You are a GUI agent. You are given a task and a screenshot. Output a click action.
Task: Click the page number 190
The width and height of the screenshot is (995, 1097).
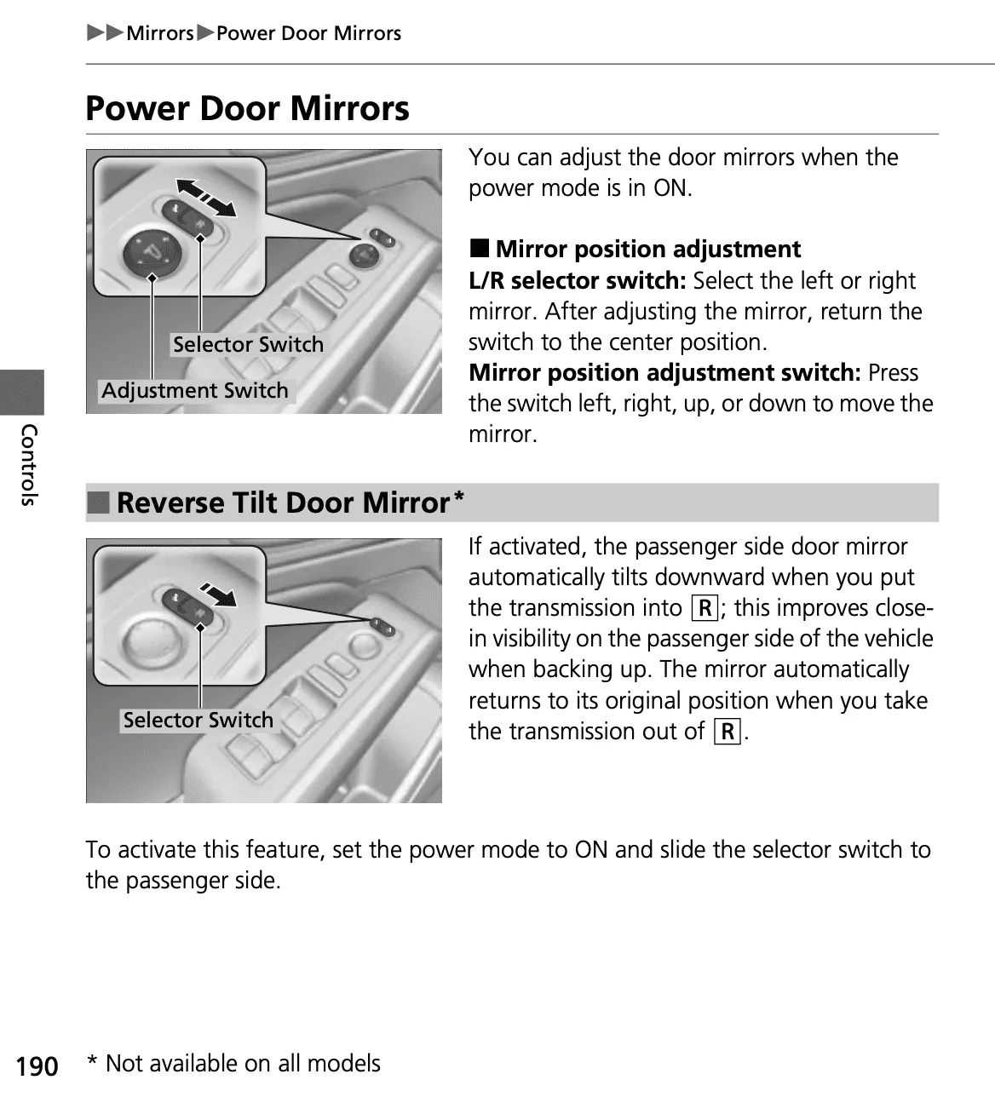(x=37, y=1066)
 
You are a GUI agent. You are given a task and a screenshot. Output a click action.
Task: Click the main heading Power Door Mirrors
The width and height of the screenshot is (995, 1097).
(x=247, y=109)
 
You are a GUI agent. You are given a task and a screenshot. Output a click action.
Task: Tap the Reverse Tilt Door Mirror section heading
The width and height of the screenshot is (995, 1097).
(x=281, y=503)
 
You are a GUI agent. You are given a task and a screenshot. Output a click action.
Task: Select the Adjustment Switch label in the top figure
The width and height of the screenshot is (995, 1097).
(x=195, y=391)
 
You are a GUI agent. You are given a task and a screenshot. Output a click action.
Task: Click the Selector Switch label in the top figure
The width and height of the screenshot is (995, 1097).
(x=248, y=345)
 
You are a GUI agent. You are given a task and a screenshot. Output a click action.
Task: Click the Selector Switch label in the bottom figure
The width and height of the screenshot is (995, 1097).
(x=198, y=721)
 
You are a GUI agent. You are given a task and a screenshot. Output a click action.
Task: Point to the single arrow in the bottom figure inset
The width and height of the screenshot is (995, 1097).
(x=217, y=593)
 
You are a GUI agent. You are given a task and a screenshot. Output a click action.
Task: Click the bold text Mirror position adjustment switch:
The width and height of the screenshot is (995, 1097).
(x=665, y=373)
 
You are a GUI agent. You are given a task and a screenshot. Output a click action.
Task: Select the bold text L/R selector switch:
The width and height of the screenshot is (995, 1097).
(x=578, y=281)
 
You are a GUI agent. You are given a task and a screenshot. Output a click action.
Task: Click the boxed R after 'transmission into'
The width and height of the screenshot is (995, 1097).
(x=705, y=608)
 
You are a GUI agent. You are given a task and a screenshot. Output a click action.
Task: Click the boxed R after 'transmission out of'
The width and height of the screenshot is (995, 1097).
(x=728, y=732)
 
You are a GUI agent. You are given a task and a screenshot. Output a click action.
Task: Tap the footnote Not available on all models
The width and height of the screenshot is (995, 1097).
(x=242, y=1064)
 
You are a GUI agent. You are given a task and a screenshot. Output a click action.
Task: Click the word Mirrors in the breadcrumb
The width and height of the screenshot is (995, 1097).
(x=160, y=33)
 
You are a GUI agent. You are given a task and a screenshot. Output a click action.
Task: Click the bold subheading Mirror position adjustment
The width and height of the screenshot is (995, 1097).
(x=647, y=250)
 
